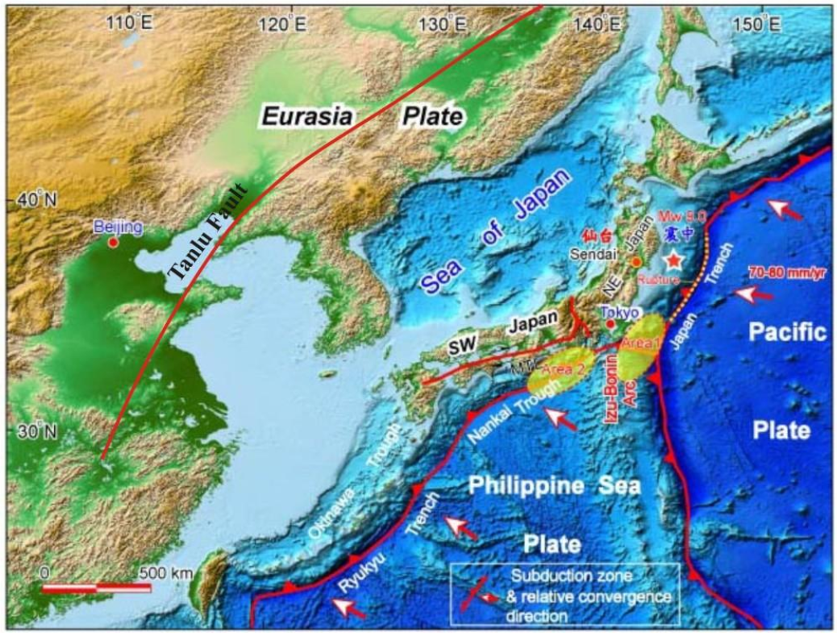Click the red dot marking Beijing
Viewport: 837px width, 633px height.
[113, 241]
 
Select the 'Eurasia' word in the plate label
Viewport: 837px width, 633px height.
[306, 117]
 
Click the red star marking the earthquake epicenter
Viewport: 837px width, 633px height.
[672, 260]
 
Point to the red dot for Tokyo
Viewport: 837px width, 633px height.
[611, 324]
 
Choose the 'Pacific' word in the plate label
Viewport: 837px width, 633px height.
[785, 332]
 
